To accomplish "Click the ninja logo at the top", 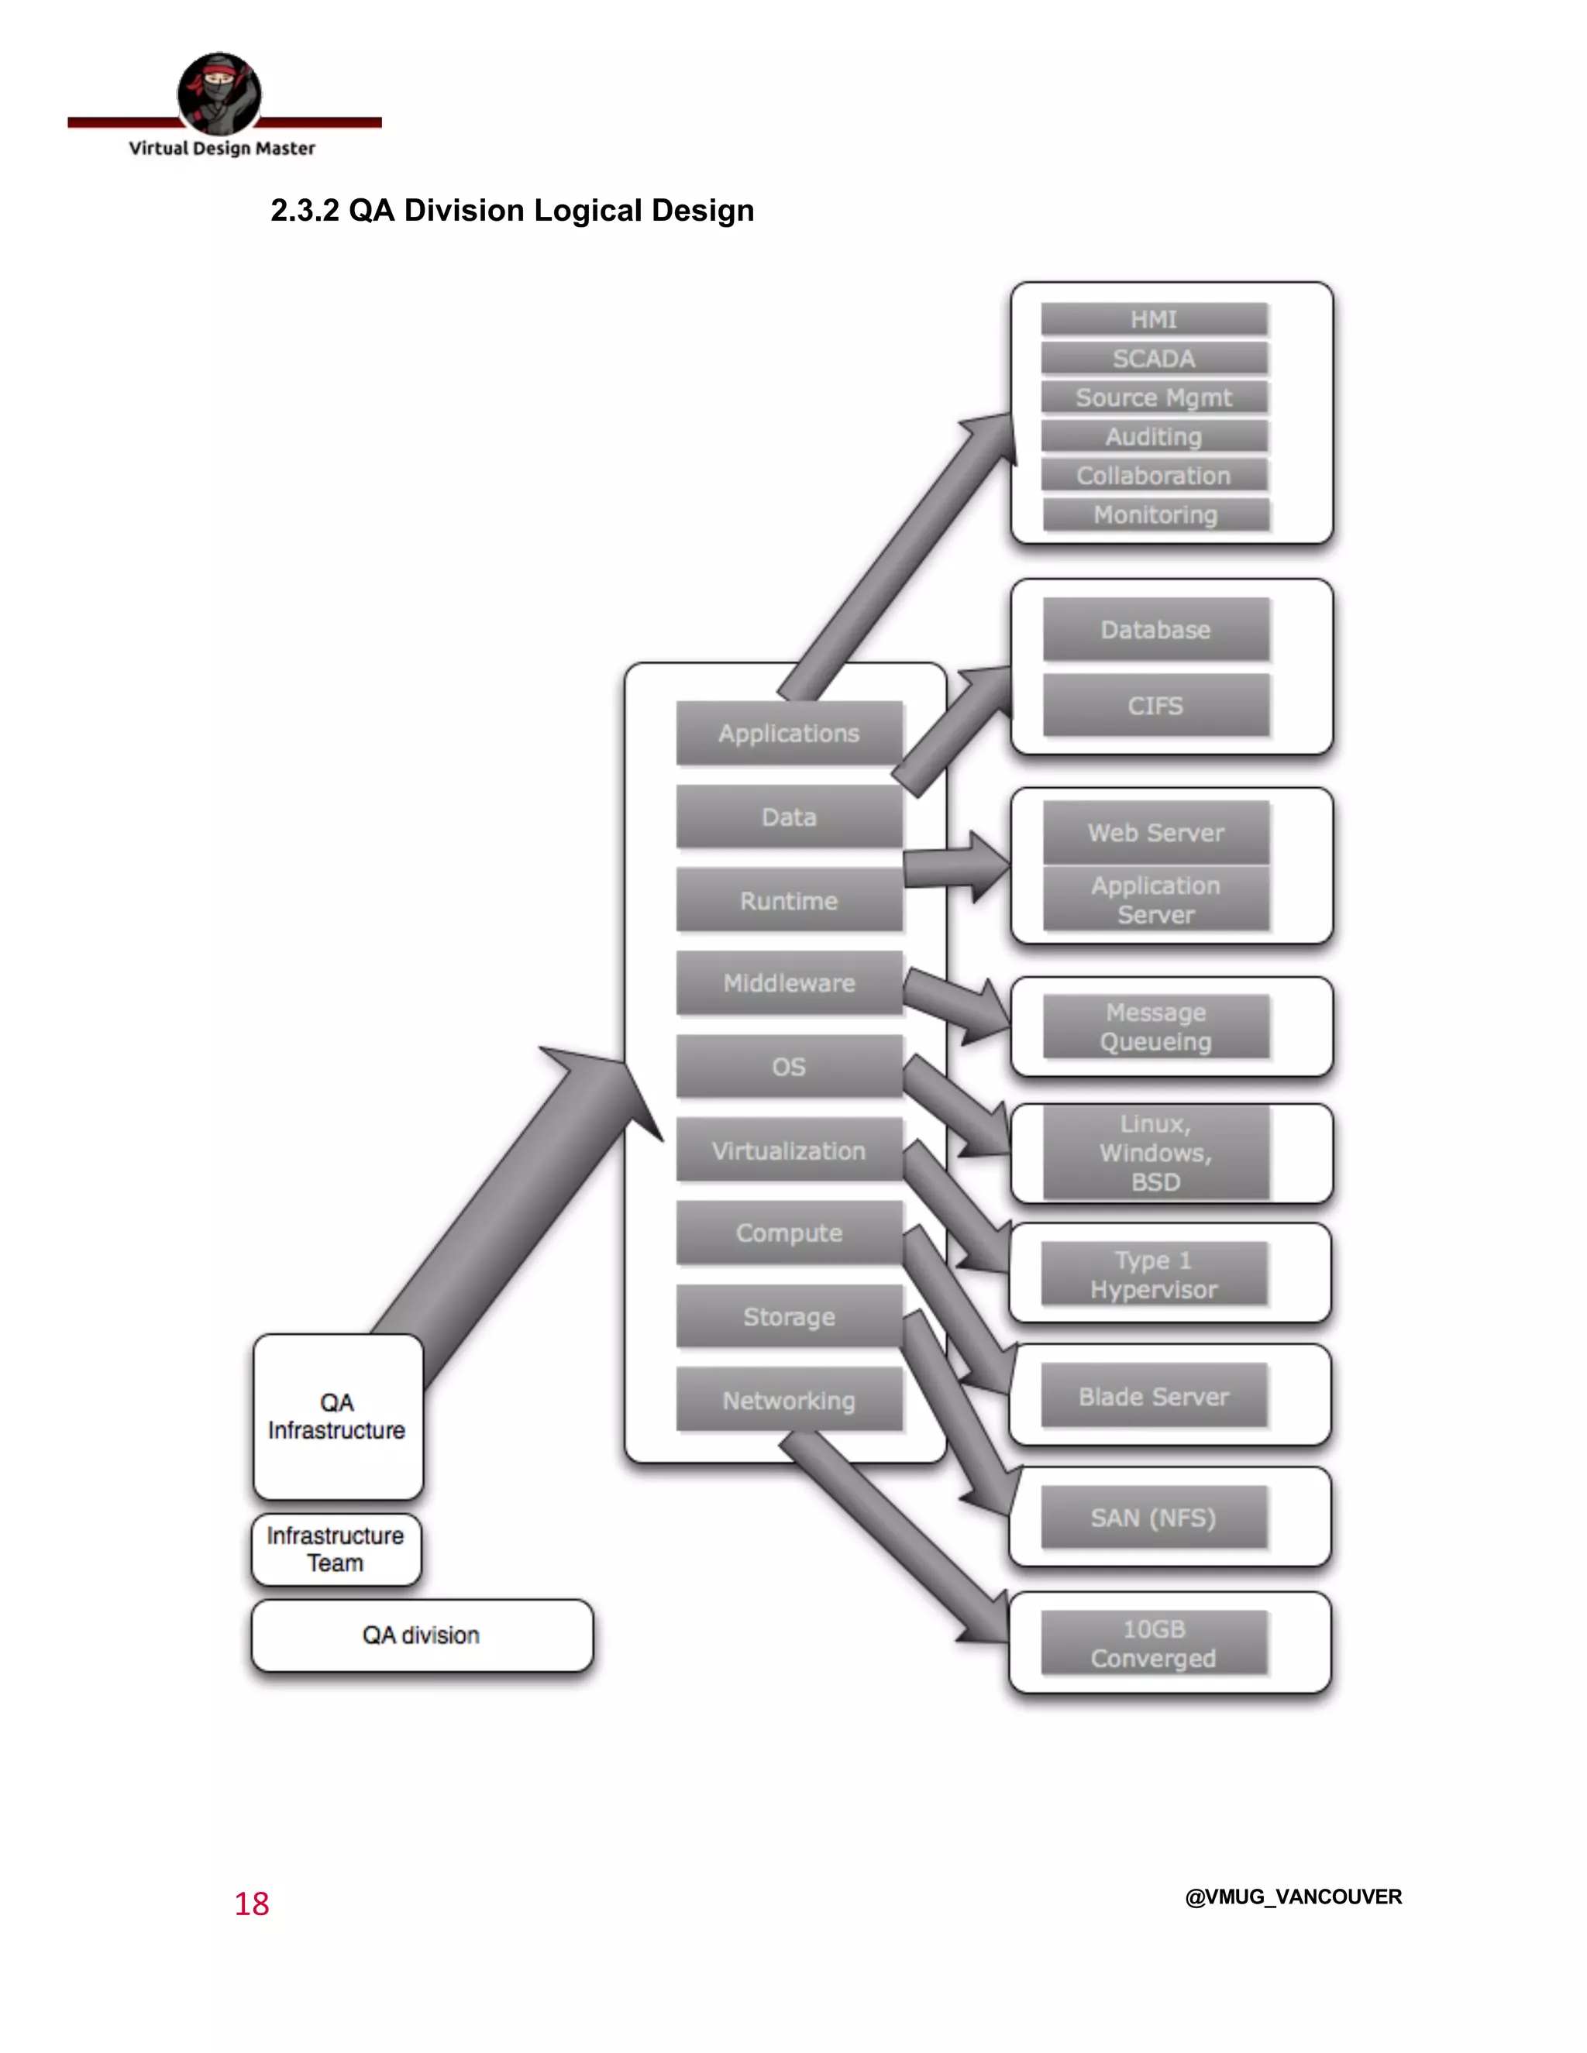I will pyautogui.click(x=219, y=93).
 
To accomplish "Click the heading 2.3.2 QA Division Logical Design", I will pyautogui.click(x=511, y=211).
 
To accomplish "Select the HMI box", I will pyautogui.click(x=1154, y=320).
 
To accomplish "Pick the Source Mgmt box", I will pyautogui.click(x=1154, y=397).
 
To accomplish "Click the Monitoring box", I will pyautogui.click(x=1155, y=515).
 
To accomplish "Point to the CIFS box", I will pyautogui.click(x=1155, y=705).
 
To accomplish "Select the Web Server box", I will pyautogui.click(x=1155, y=832).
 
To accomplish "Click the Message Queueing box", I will pyautogui.click(x=1155, y=1026).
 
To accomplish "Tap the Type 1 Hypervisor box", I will pyautogui.click(x=1154, y=1274).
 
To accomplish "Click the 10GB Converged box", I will pyautogui.click(x=1154, y=1643).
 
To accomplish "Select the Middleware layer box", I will pyautogui.click(x=789, y=983).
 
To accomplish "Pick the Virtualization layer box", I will pyautogui.click(x=789, y=1150).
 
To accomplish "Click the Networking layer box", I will pyautogui.click(x=789, y=1400).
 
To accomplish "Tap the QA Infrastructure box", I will pyautogui.click(x=336, y=1417).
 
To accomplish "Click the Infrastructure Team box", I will pyautogui.click(x=336, y=1549).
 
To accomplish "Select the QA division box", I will pyautogui.click(x=422, y=1635).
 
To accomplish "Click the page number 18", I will pyautogui.click(x=252, y=1903).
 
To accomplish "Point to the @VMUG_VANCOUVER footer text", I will pyautogui.click(x=1293, y=1897).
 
